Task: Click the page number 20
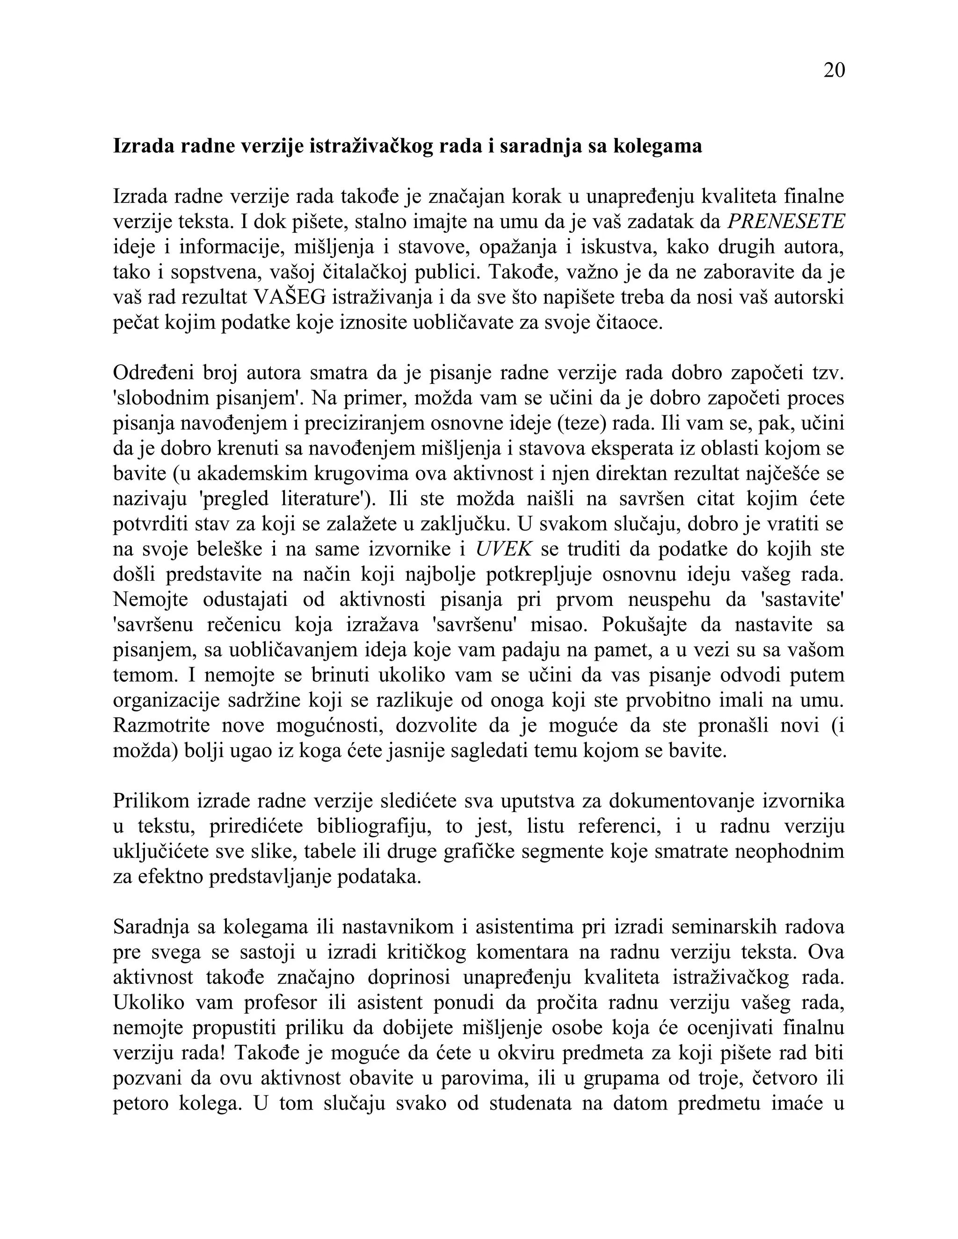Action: pyautogui.click(x=834, y=70)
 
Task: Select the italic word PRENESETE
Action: pyautogui.click(x=786, y=221)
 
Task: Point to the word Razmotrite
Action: pyautogui.click(x=161, y=725)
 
